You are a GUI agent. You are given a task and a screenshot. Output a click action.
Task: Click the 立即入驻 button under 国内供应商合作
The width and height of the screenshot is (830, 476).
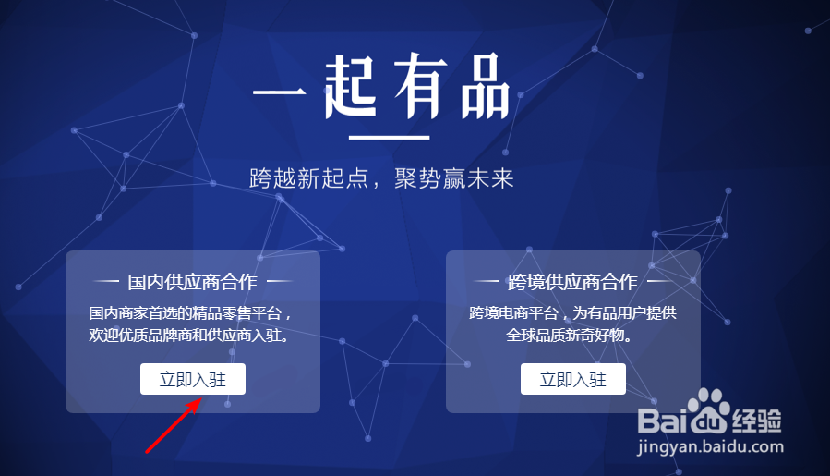[192, 379]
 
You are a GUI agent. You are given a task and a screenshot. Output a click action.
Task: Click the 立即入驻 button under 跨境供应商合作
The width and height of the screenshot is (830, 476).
[572, 379]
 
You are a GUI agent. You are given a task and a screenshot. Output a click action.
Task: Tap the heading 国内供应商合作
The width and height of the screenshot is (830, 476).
[192, 282]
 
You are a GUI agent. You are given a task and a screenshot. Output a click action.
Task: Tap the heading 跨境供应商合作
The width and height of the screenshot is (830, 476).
[572, 282]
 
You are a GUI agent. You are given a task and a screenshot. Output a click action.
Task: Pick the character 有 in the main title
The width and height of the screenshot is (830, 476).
[417, 88]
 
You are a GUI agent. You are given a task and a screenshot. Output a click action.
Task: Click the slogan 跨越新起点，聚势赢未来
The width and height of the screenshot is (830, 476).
[381, 178]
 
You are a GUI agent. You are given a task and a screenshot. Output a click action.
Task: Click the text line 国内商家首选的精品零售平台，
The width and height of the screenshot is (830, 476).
[191, 313]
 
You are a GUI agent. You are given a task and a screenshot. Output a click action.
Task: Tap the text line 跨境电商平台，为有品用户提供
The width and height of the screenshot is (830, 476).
[573, 313]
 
